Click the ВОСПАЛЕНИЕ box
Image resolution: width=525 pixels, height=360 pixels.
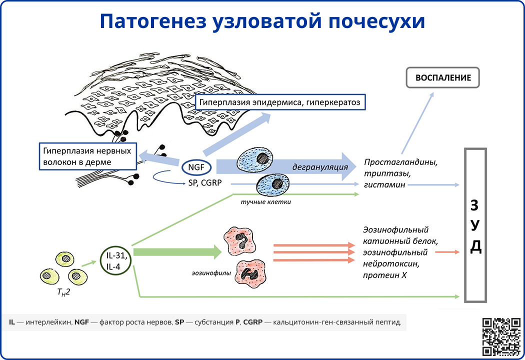click(442, 78)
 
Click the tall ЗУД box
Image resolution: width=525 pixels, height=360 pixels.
click(475, 225)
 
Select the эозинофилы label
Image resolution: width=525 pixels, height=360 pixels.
click(206, 273)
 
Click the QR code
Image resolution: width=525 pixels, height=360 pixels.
click(500, 336)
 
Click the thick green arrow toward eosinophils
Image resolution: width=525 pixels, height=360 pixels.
click(177, 252)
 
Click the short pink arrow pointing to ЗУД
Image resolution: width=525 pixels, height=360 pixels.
click(447, 252)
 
